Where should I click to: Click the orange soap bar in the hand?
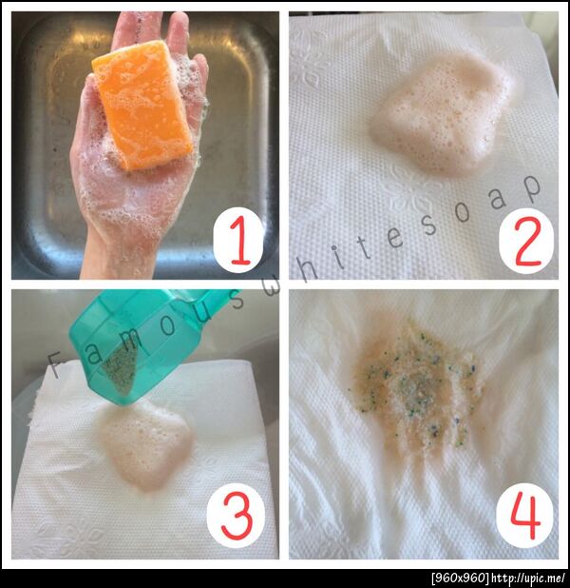(x=142, y=105)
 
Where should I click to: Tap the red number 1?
(x=239, y=241)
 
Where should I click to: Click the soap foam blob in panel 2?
(x=441, y=113)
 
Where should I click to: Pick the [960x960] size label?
(x=460, y=578)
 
